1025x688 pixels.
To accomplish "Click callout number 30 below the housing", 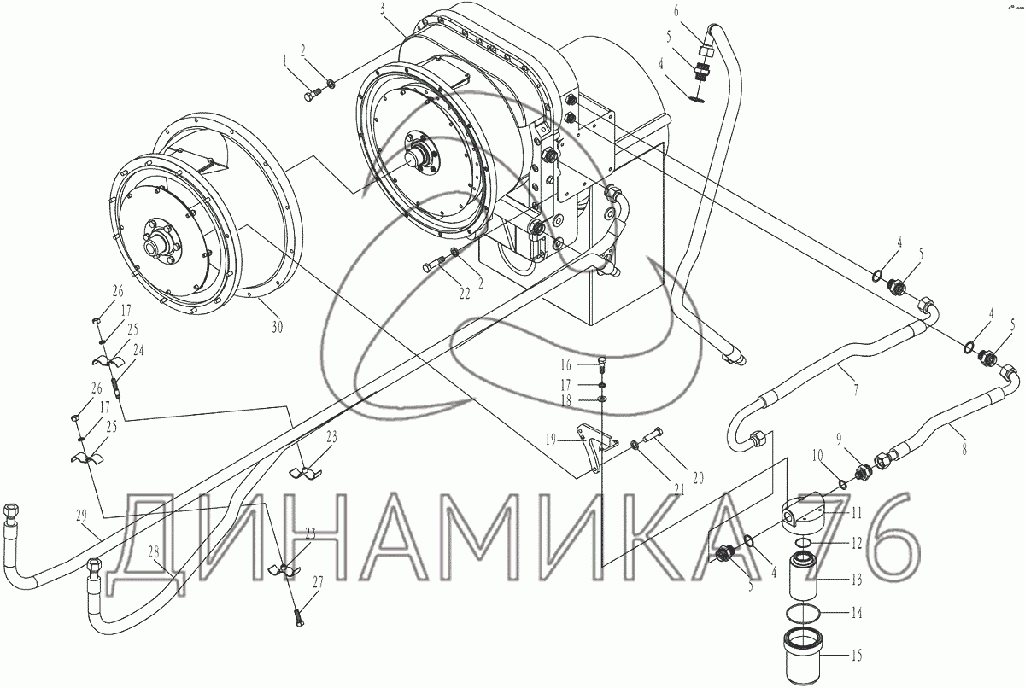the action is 277,327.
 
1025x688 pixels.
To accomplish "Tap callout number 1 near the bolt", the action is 285,61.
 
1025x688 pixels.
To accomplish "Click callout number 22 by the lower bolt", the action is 465,294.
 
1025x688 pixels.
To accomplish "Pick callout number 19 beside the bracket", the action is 551,440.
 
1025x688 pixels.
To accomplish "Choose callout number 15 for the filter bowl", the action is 856,655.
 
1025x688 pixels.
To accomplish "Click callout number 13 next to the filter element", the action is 856,580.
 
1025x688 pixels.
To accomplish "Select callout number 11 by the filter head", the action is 856,513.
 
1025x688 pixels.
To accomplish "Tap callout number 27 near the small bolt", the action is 318,582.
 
